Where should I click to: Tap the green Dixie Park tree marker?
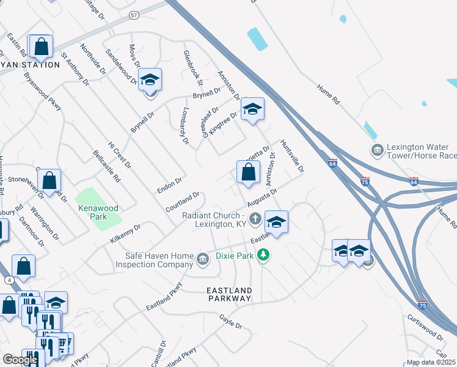click(x=263, y=254)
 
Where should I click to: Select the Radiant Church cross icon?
click(x=256, y=218)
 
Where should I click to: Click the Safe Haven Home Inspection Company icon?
click(x=202, y=259)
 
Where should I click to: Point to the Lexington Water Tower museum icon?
click(x=376, y=150)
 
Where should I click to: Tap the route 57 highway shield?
click(x=134, y=14)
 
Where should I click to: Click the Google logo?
click(x=20, y=360)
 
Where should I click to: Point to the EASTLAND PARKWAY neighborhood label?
click(x=229, y=294)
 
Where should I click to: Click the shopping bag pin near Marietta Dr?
click(x=248, y=172)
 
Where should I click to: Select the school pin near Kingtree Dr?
click(x=252, y=109)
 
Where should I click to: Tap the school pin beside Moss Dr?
click(x=150, y=80)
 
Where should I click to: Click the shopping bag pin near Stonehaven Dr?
click(x=49, y=180)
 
